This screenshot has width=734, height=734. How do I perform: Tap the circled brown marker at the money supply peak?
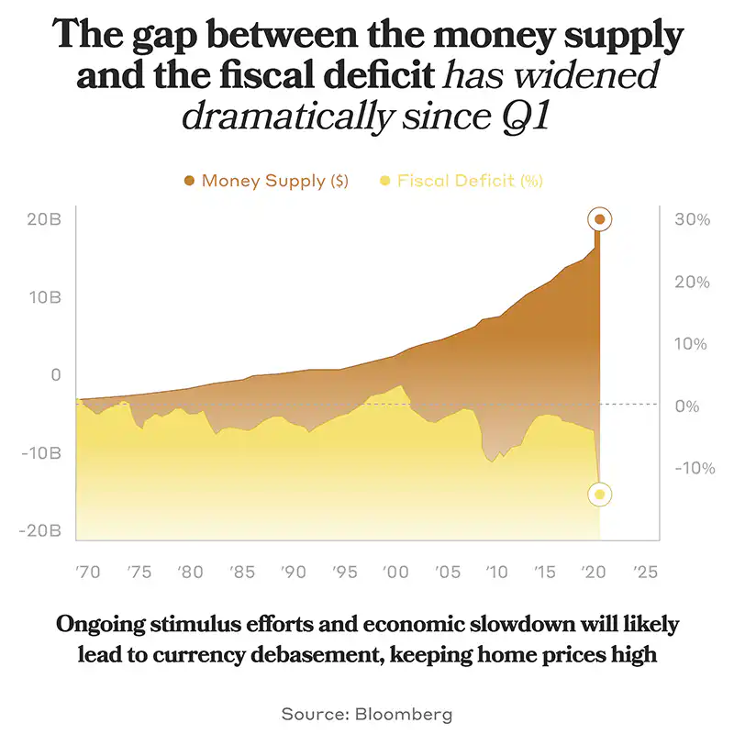[x=600, y=219]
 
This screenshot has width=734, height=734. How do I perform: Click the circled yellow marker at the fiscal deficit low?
[x=600, y=495]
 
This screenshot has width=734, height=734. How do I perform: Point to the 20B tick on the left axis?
[x=43, y=220]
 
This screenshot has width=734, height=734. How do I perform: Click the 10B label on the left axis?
[x=43, y=298]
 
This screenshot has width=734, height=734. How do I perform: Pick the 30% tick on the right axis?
[x=692, y=220]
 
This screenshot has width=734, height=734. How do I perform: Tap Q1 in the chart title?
[x=526, y=117]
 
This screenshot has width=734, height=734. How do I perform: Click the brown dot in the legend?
[x=189, y=181]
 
